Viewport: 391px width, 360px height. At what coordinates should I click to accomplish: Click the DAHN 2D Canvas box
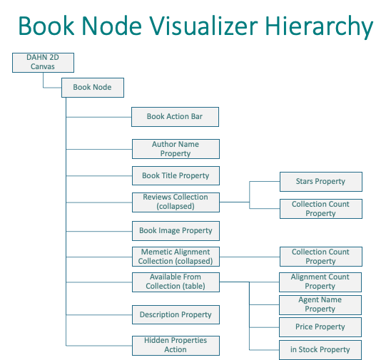tap(43, 63)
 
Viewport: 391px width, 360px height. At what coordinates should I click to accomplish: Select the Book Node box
tap(93, 88)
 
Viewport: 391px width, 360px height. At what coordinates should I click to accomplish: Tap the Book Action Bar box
tap(175, 117)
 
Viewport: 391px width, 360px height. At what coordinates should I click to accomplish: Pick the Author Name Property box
tap(176, 149)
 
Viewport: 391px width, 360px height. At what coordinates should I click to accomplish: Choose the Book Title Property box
tap(176, 175)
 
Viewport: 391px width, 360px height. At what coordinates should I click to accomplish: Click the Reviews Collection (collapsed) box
tap(176, 202)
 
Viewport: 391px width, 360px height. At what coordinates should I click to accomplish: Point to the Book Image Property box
tap(176, 231)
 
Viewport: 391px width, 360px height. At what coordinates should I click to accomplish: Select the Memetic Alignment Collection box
tap(176, 257)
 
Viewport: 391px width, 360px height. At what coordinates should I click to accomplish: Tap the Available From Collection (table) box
tap(176, 282)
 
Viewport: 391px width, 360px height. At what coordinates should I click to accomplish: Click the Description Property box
tap(176, 314)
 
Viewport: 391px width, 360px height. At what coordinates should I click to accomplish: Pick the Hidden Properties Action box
tap(176, 346)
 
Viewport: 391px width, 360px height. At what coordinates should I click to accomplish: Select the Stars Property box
tap(321, 182)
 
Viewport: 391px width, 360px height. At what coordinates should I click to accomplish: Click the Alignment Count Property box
tap(320, 282)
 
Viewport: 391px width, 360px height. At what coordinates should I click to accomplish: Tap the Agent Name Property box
tap(320, 305)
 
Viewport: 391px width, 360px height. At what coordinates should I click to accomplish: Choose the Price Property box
tap(320, 327)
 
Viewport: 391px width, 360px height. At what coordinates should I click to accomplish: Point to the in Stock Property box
tap(320, 350)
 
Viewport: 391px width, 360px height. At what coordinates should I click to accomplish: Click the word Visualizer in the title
tap(203, 26)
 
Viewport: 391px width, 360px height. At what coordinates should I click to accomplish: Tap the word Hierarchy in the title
tap(319, 27)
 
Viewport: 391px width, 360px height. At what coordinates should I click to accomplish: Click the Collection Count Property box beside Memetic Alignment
tap(321, 257)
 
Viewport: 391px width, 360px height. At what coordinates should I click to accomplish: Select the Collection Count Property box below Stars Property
tap(321, 209)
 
